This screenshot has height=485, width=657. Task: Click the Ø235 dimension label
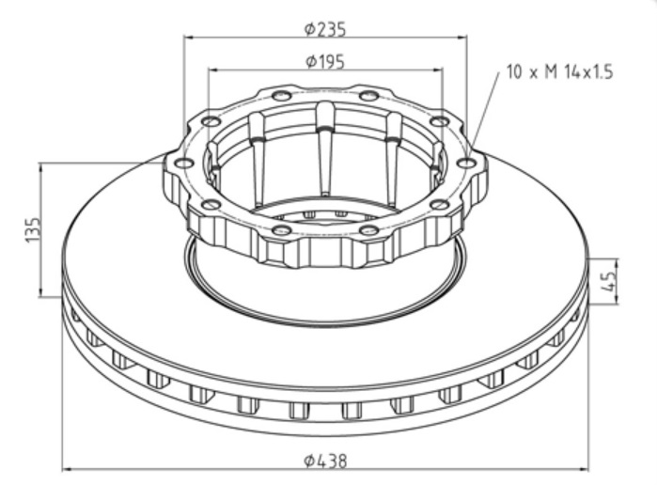325,29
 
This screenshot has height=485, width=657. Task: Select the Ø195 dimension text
325,62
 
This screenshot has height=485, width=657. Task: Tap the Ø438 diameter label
325,462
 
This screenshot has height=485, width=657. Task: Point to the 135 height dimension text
34,229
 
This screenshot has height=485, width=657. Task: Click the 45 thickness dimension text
608,280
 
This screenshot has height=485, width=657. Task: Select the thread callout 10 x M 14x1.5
559,71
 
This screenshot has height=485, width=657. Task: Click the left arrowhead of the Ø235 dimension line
188,38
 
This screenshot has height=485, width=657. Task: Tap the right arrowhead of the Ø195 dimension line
438,70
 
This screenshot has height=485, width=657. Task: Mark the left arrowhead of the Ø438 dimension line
67,469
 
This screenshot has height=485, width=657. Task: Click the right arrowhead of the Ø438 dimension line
584,469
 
